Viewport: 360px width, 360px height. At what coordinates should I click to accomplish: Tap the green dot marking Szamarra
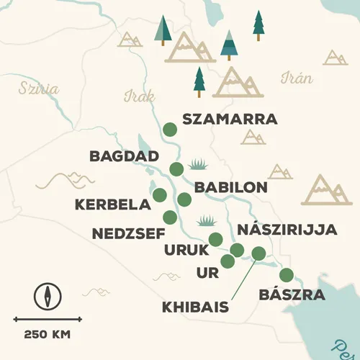(x=169, y=129)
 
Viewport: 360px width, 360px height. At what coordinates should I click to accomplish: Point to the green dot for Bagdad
(x=176, y=169)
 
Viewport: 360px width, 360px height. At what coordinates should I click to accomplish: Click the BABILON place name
(x=231, y=187)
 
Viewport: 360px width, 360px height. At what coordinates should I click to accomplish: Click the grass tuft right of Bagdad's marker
(x=197, y=165)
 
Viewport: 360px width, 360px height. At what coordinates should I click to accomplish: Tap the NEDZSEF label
(x=128, y=233)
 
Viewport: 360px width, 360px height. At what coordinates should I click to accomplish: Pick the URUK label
(x=186, y=250)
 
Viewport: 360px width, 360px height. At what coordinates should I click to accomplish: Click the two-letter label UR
(x=206, y=273)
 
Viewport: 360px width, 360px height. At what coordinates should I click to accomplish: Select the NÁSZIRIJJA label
(x=287, y=230)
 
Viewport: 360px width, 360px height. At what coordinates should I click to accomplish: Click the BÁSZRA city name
(x=292, y=295)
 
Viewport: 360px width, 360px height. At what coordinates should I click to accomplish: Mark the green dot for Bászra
(x=287, y=274)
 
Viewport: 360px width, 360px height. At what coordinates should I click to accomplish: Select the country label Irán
(x=297, y=78)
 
